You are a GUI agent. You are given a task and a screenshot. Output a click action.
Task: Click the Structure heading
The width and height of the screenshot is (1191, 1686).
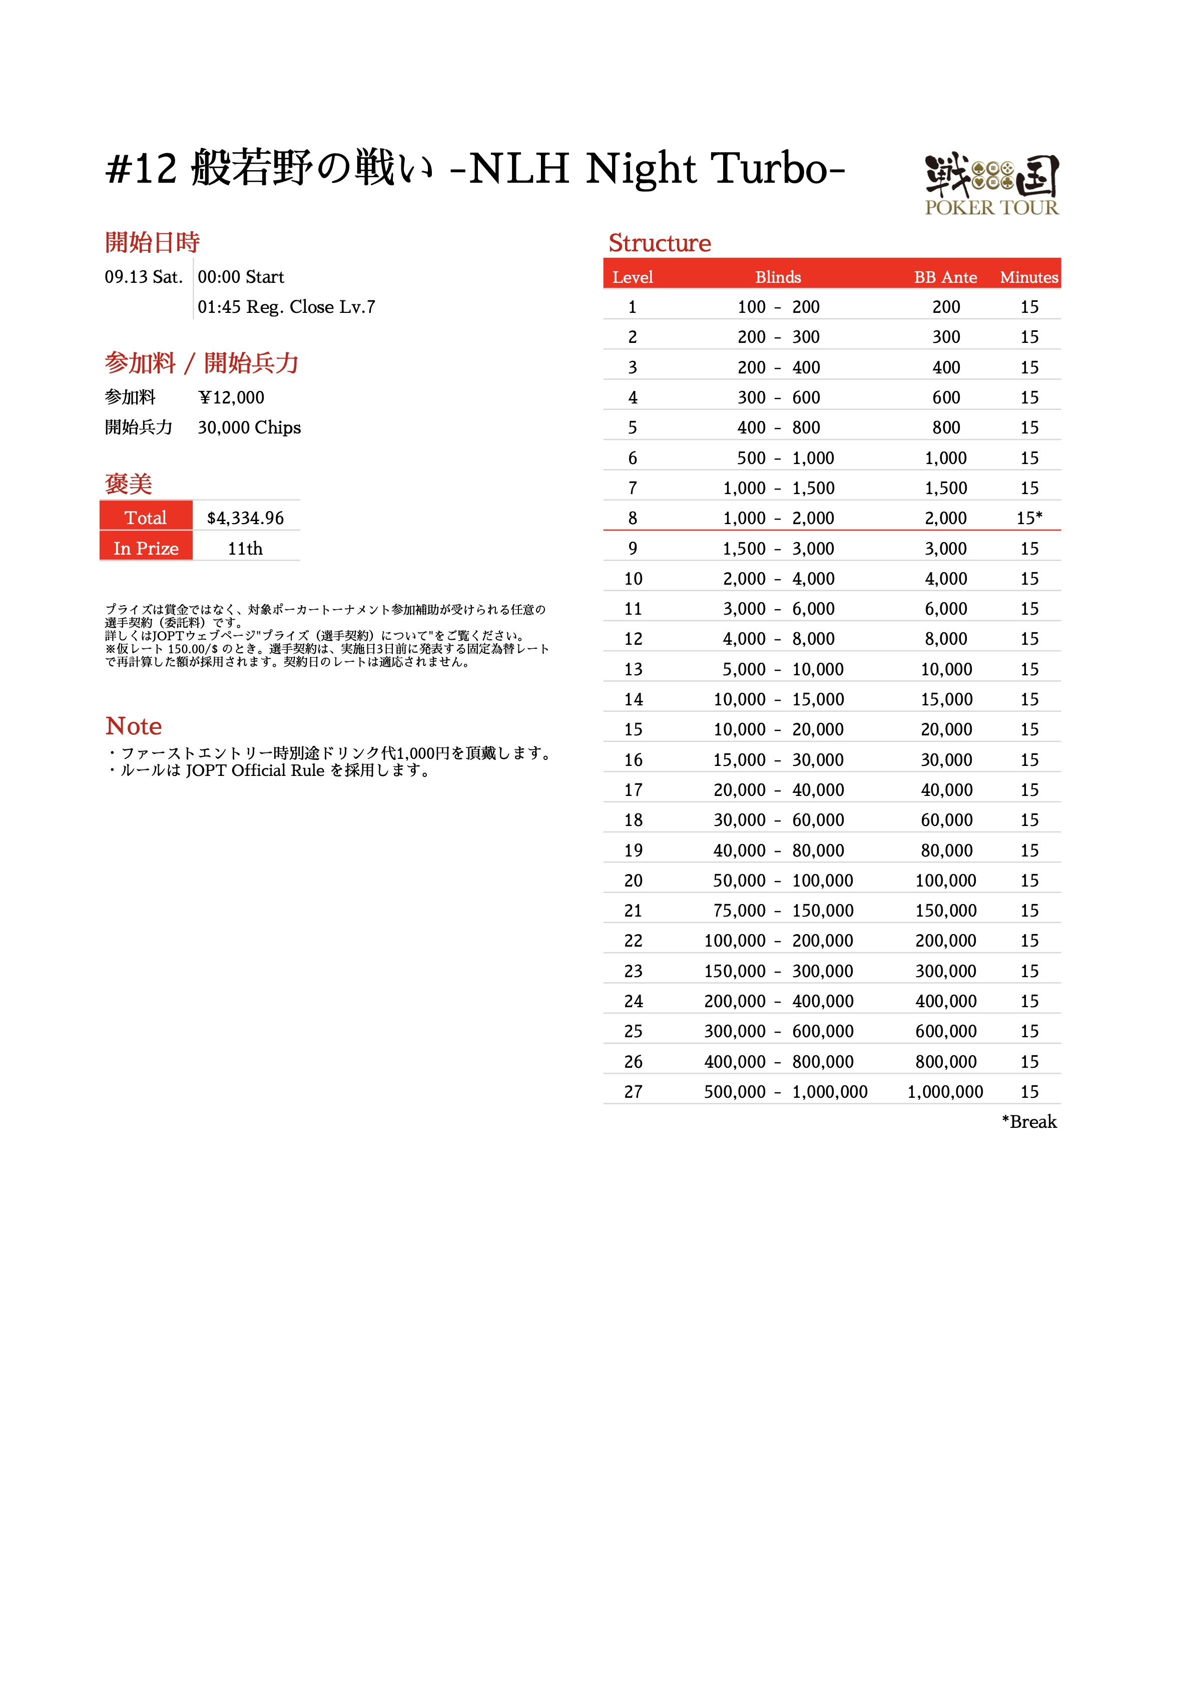point(660,243)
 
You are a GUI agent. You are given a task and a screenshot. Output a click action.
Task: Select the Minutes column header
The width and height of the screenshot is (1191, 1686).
point(1029,277)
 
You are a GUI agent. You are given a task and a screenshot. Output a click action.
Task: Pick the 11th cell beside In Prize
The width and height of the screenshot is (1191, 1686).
point(245,549)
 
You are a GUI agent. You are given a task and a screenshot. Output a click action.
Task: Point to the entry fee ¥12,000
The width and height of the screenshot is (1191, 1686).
point(231,398)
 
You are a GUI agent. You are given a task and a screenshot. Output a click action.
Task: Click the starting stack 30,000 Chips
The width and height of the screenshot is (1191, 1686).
point(249,428)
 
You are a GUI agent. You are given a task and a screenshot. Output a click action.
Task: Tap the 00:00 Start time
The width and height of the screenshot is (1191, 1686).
point(241,277)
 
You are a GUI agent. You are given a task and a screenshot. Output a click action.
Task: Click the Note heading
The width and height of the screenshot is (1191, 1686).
point(134,726)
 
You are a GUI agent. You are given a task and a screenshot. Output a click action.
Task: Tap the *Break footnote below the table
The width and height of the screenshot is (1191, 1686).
point(1029,1122)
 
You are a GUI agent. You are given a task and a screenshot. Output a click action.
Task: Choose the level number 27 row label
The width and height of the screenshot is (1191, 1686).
point(633,1092)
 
